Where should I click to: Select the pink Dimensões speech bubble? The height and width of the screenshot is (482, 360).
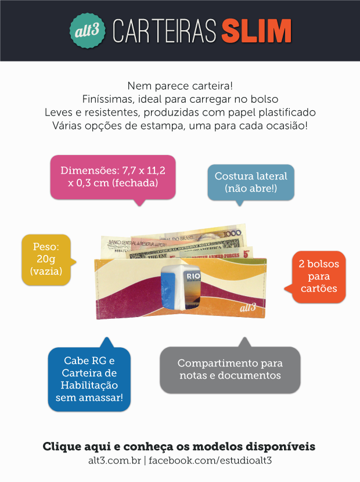[113, 177]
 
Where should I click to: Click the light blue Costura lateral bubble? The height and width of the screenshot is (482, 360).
[251, 182]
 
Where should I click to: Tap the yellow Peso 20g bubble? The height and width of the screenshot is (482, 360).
[46, 259]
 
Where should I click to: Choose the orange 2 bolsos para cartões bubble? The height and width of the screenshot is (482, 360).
[319, 276]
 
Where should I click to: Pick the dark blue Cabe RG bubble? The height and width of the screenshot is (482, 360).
[89, 379]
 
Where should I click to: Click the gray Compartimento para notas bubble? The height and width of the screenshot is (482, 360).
[230, 369]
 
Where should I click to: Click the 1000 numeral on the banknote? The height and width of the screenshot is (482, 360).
[232, 233]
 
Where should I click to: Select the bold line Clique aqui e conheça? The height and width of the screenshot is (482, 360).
[179, 447]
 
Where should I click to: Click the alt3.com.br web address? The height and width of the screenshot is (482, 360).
[114, 461]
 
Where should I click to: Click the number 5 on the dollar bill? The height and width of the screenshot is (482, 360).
[246, 254]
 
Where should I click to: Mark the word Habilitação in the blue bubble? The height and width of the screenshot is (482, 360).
[89, 385]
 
